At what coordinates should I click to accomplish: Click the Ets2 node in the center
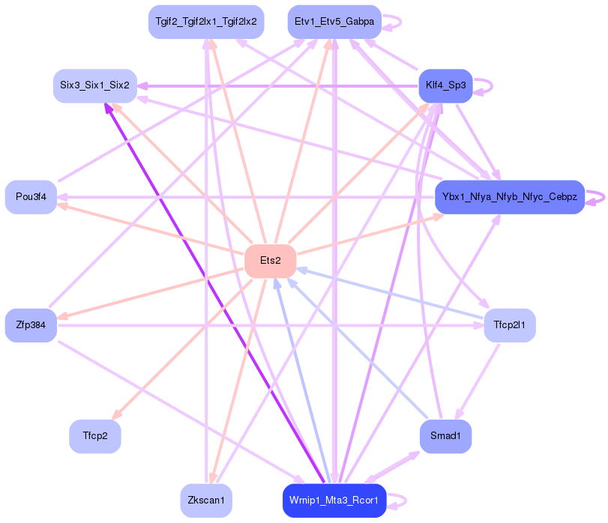pyautogui.click(x=270, y=261)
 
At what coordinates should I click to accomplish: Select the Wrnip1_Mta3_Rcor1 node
pyautogui.click(x=334, y=501)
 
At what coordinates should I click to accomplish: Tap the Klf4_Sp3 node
pyautogui.click(x=445, y=85)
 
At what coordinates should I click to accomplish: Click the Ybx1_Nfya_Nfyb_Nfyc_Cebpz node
pyautogui.click(x=509, y=197)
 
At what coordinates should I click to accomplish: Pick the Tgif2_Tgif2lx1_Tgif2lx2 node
pyautogui.click(x=205, y=22)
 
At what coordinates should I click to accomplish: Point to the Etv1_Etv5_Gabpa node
pyautogui.click(x=334, y=22)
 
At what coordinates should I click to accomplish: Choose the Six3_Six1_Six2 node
pyautogui.click(x=94, y=85)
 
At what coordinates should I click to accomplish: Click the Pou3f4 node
pyautogui.click(x=31, y=197)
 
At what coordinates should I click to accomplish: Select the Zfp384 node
pyautogui.click(x=31, y=325)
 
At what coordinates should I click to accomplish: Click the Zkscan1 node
pyautogui.click(x=205, y=501)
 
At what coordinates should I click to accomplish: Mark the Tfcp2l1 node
pyautogui.click(x=509, y=325)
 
